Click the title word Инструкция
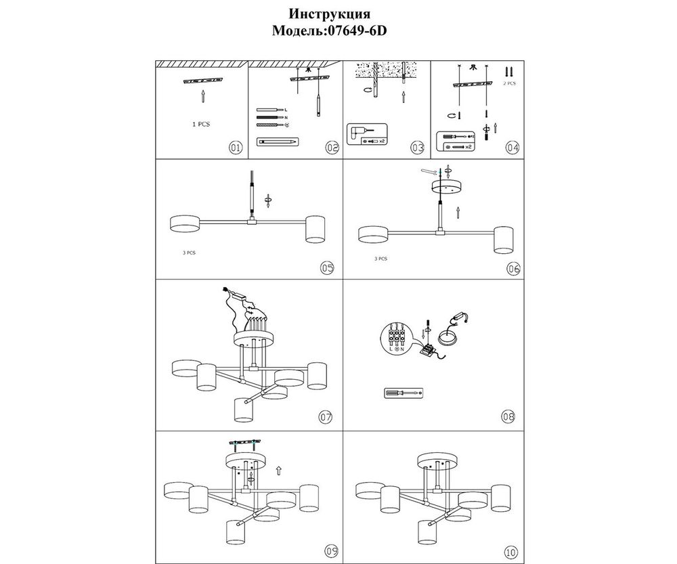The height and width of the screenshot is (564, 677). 329,14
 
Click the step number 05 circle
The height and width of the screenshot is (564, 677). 328,268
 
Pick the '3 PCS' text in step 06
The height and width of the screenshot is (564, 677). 380,259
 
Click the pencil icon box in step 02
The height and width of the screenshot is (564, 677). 278,142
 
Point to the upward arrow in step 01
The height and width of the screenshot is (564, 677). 202,97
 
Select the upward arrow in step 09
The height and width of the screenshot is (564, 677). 279,468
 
